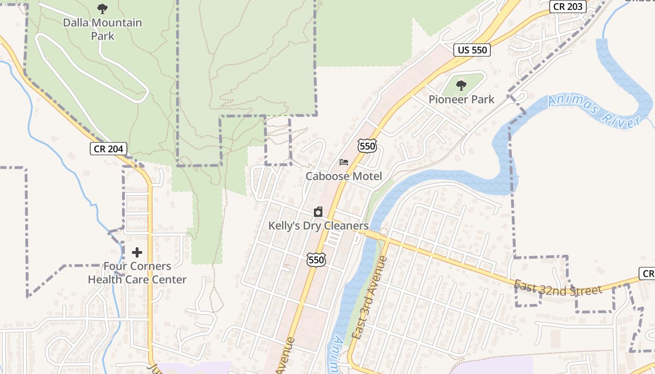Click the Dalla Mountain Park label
tap(102, 29)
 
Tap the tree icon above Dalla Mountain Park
tap(102, 8)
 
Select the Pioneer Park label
tap(461, 100)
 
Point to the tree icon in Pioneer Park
tap(461, 85)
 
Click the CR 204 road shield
tap(108, 149)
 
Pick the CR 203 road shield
tap(568, 6)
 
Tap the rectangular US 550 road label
tap(472, 50)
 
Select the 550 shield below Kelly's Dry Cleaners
tap(316, 260)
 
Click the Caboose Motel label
tap(344, 176)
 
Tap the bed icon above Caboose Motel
tap(344, 162)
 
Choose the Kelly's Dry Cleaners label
tap(318, 226)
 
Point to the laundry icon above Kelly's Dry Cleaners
tap(318, 212)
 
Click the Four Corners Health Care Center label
tap(137, 273)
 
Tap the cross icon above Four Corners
tap(137, 252)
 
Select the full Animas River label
tap(594, 110)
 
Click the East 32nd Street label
tap(558, 288)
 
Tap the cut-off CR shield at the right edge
tap(648, 273)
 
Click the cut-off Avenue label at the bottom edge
tap(286, 356)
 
